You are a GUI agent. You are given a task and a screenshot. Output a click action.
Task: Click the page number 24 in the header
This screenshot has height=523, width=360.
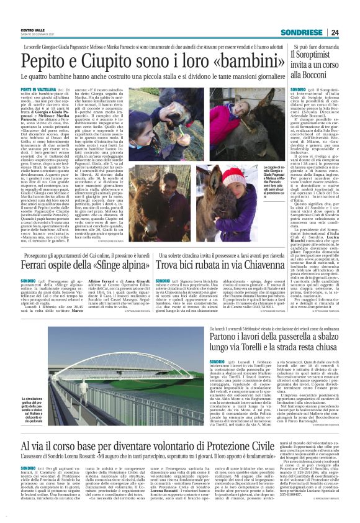[x=335, y=32]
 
